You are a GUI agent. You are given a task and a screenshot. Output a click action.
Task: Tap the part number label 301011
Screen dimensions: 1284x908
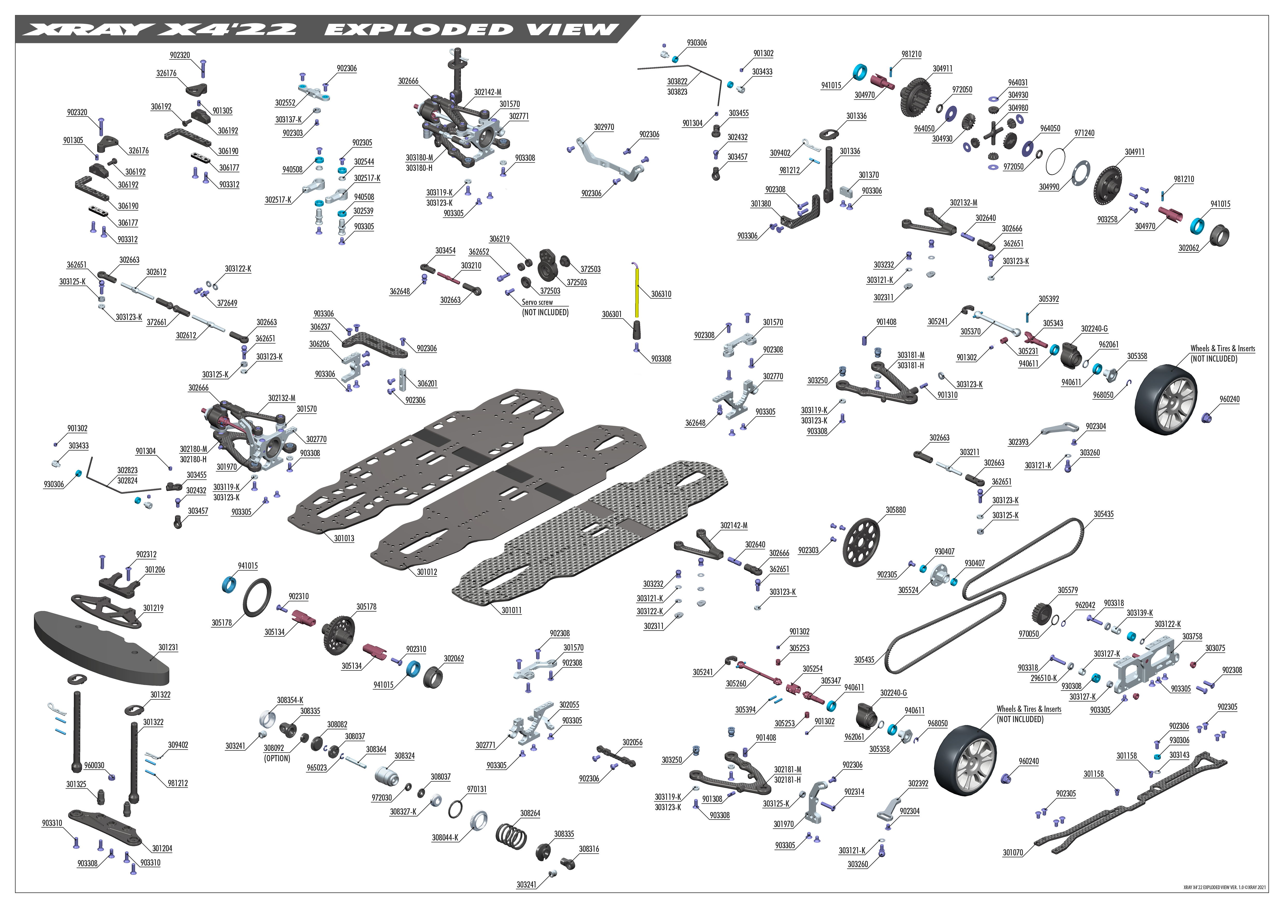coord(511,611)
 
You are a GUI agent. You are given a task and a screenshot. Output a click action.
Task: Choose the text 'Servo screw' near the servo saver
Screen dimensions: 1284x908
coord(537,302)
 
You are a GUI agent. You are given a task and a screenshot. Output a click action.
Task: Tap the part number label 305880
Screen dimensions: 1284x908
coord(895,510)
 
